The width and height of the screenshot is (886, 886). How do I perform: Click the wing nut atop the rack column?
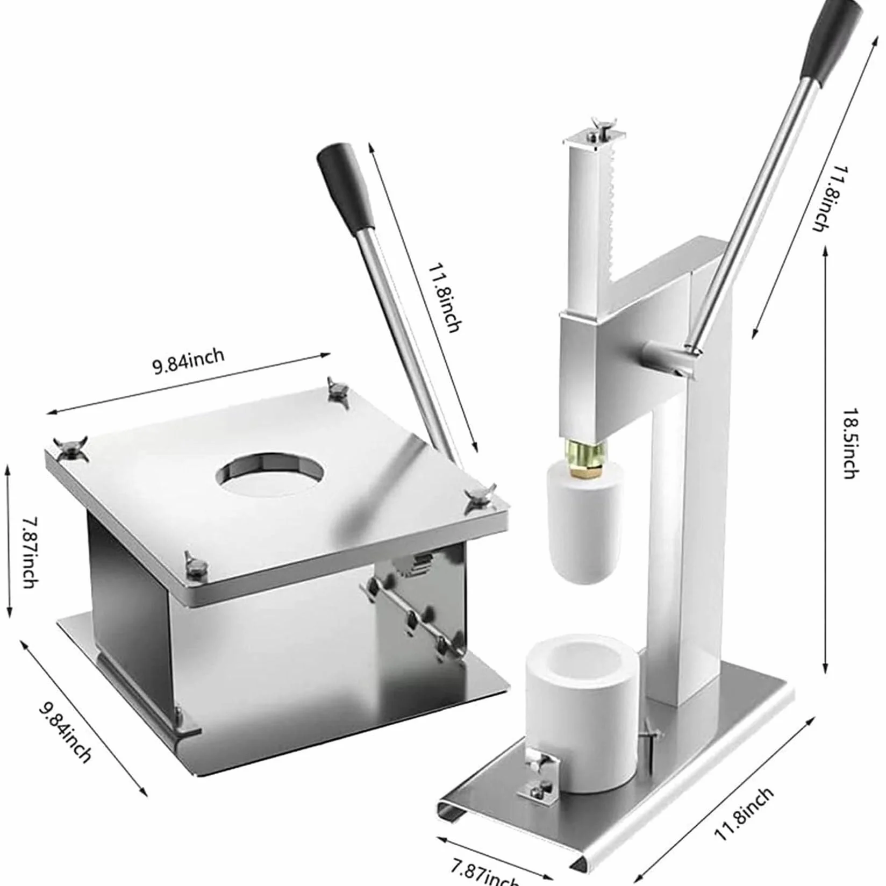pos(600,125)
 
